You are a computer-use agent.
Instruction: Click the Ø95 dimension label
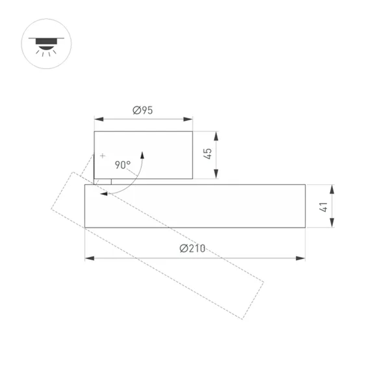tap(142, 111)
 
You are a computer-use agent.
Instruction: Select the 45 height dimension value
tap(207, 154)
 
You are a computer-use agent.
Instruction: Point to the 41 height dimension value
tap(323, 207)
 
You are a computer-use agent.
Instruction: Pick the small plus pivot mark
tap(102, 155)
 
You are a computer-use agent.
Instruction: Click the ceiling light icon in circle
tap(46, 44)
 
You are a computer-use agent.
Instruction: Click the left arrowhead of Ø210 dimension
tap(89, 258)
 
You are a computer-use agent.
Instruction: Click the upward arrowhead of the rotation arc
tap(142, 155)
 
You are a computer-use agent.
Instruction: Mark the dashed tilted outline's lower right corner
tap(242, 318)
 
